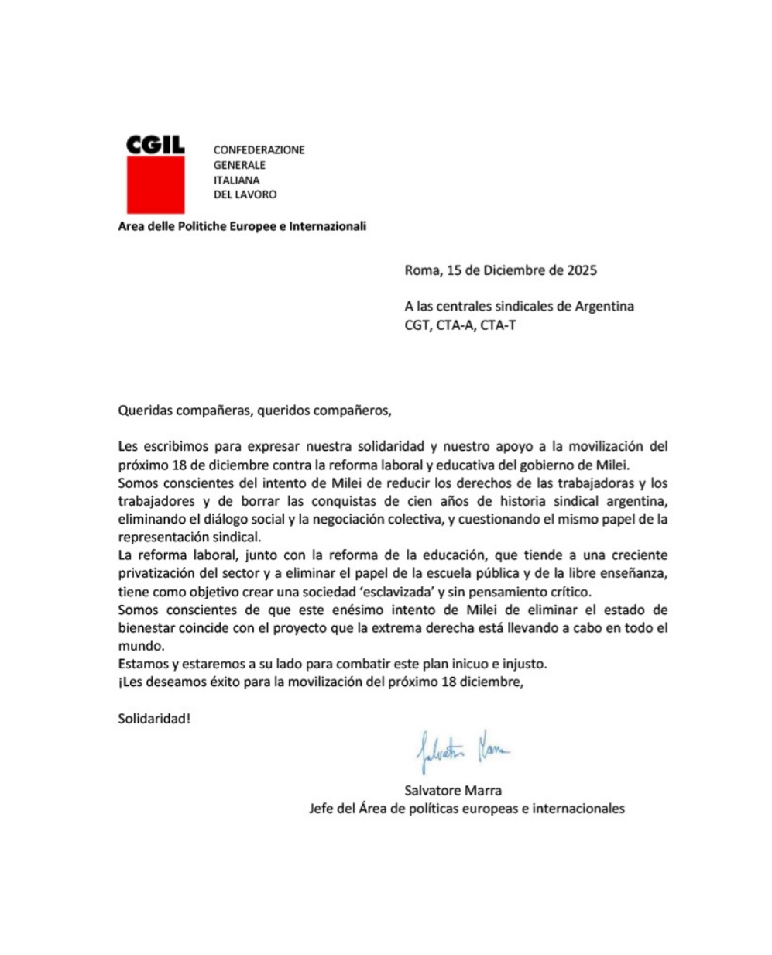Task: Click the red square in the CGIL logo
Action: [155, 184]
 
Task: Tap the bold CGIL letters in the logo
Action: [155, 144]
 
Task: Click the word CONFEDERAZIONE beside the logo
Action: [259, 149]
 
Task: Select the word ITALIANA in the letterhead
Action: [236, 180]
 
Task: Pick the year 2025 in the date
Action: [582, 270]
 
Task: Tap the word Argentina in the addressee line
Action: [604, 306]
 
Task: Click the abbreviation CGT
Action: [416, 325]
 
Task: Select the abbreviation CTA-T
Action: [498, 325]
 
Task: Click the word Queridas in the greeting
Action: [144, 411]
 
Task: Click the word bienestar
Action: [147, 628]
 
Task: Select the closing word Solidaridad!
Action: [154, 718]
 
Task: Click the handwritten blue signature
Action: [463, 749]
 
